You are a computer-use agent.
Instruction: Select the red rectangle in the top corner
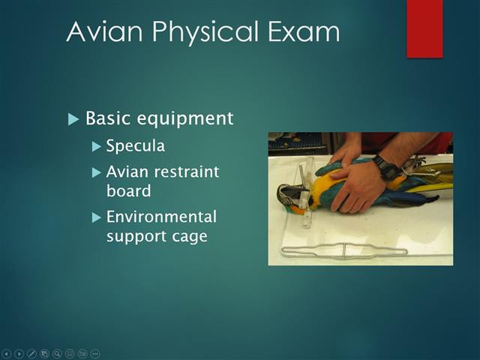click(x=424, y=28)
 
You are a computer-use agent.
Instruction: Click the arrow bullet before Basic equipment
click(x=73, y=119)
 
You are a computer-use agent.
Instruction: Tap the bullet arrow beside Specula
click(x=96, y=145)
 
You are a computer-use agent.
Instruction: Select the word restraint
click(x=184, y=172)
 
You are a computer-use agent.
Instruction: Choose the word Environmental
click(x=161, y=217)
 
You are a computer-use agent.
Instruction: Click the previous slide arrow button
click(x=7, y=352)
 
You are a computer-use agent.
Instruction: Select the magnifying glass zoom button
click(x=57, y=352)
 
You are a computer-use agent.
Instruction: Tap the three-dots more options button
click(x=95, y=352)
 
